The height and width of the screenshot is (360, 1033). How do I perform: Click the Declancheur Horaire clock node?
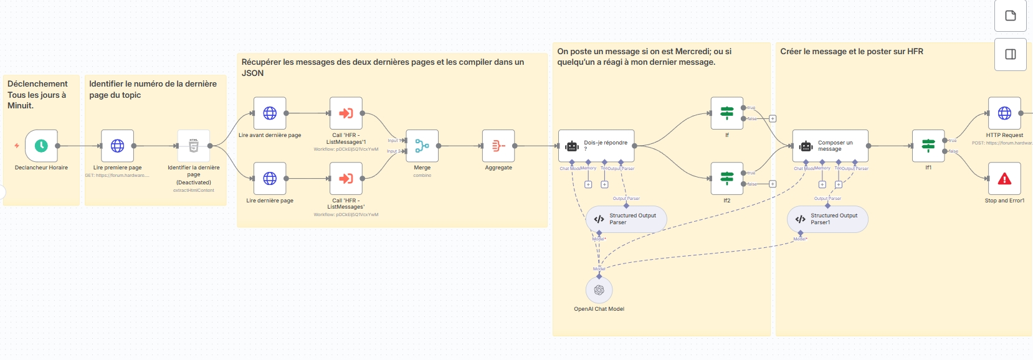41,146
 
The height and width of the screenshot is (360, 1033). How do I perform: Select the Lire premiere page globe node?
117,146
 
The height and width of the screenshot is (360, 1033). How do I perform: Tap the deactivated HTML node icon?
194,146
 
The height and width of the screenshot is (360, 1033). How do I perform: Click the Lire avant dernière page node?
270,113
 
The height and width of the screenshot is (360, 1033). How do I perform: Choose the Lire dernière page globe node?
270,179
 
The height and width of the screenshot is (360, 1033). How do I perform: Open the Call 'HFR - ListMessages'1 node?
346,113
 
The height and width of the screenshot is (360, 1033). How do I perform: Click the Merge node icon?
422,146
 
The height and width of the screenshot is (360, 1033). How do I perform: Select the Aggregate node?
498,146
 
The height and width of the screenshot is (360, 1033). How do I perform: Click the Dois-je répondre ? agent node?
596,146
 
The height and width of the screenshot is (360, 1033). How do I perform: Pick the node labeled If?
726,113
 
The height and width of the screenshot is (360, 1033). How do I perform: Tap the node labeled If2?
726,179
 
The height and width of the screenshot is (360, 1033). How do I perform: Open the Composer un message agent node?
830,146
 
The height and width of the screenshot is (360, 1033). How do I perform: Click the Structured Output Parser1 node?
827,219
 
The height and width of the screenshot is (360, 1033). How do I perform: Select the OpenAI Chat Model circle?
599,290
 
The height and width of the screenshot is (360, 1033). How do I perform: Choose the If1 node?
928,146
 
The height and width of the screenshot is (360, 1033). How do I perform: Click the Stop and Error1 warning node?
1004,179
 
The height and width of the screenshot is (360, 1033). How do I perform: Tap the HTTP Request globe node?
1004,113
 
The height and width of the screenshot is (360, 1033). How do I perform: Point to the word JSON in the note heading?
253,73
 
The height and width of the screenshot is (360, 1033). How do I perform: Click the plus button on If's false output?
773,118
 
